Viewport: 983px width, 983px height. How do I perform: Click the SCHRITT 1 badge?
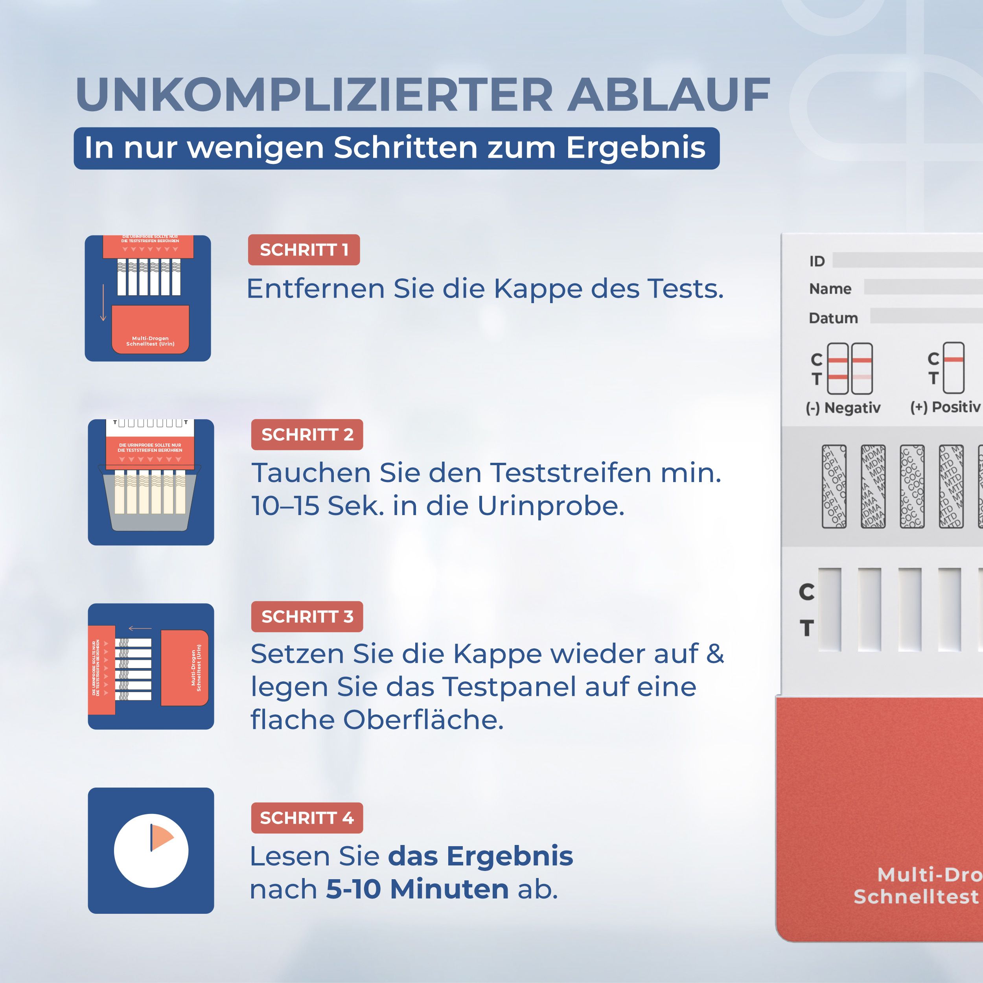point(304,250)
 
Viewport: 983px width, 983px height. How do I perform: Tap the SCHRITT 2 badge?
point(307,434)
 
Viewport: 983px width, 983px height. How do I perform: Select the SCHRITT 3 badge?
point(307,616)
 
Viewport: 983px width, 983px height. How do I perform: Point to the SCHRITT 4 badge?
point(307,817)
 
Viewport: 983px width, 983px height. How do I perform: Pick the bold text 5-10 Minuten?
point(417,889)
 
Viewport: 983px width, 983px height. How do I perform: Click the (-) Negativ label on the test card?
point(843,407)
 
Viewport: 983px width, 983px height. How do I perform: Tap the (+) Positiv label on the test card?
point(945,407)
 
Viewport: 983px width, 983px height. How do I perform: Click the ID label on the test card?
point(817,261)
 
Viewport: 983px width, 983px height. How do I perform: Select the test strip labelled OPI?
point(834,486)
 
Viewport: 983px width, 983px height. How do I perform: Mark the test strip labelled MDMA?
point(873,486)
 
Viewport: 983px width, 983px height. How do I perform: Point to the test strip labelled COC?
point(912,486)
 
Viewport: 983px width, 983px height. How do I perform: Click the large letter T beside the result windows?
point(806,628)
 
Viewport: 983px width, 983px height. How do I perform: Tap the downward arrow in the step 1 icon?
point(103,303)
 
